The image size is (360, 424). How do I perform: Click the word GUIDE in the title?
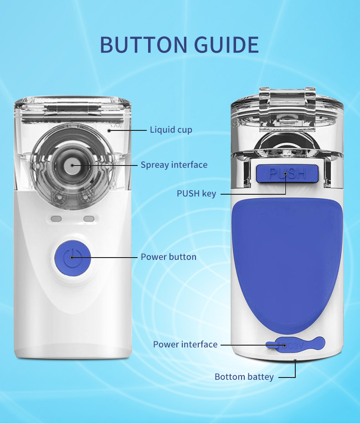coord(226,44)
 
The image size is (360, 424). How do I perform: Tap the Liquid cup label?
coord(171,130)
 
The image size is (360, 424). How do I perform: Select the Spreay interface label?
coord(174,165)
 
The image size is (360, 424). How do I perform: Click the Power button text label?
coord(168,257)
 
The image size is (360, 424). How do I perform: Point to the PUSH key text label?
coord(196,194)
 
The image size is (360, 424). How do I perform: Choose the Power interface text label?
coord(185,345)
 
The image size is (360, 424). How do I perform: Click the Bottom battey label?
coord(244,377)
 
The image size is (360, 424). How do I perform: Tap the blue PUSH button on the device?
coord(287,174)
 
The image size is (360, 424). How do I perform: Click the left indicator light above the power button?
coord(56,219)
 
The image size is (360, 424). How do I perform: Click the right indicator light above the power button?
coord(89,219)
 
